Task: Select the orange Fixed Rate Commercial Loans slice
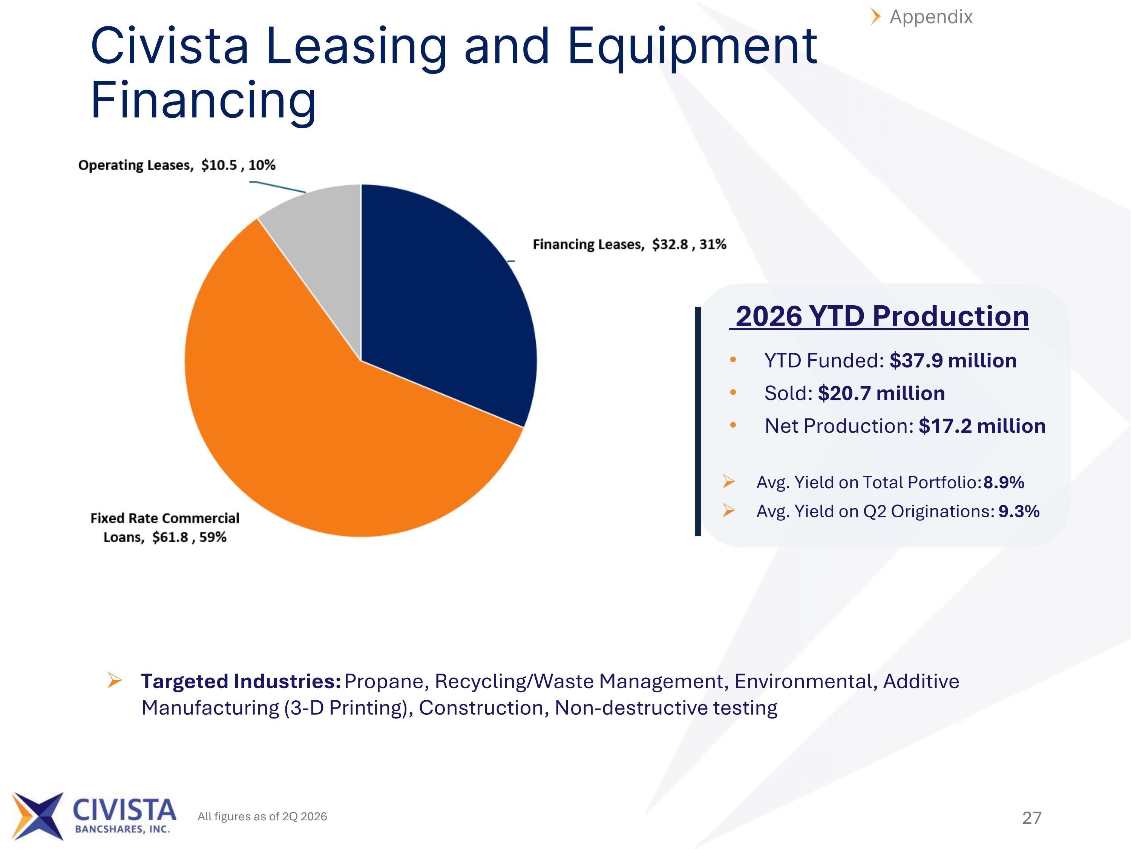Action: coord(327,420)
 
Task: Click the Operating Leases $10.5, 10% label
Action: coord(176,165)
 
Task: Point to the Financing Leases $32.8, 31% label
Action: coord(630,245)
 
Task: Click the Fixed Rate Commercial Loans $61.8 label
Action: coord(165,528)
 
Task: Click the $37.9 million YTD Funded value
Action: coord(953,361)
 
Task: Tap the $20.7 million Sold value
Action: coord(881,394)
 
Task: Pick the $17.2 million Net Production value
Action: coord(982,426)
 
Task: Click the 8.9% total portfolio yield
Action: coord(1004,483)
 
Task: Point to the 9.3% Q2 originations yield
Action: coord(1019,511)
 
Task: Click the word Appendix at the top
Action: coord(931,17)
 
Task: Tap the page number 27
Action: coord(1032,818)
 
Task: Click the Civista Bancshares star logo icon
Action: coord(38,816)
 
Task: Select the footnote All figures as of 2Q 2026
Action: coord(262,816)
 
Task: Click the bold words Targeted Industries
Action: coord(241,682)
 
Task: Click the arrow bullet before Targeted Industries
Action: coord(115,681)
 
